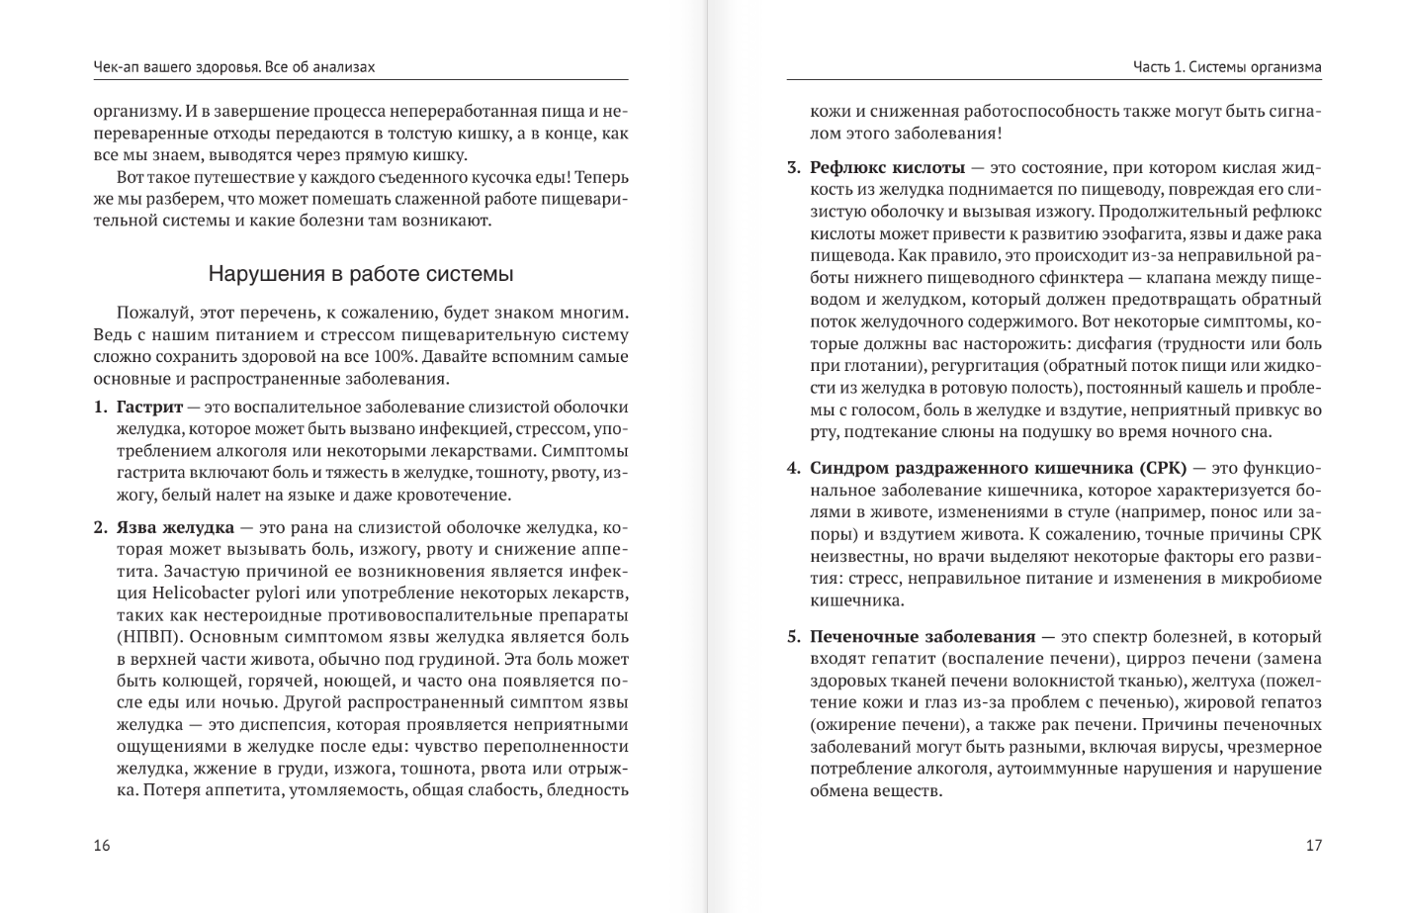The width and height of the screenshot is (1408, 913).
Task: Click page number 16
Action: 102,845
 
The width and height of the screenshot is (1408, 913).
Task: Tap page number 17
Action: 1313,845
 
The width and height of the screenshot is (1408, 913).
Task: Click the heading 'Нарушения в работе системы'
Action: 361,274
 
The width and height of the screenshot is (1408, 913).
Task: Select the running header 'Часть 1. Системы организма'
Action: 1227,67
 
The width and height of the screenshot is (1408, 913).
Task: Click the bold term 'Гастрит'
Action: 149,407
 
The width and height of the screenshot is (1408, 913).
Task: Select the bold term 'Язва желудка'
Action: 175,527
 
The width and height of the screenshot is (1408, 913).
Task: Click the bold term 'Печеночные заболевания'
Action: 923,636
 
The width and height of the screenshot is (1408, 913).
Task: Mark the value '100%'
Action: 393,356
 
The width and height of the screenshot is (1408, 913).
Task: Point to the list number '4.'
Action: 794,468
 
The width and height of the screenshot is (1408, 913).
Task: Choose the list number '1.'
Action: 101,407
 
